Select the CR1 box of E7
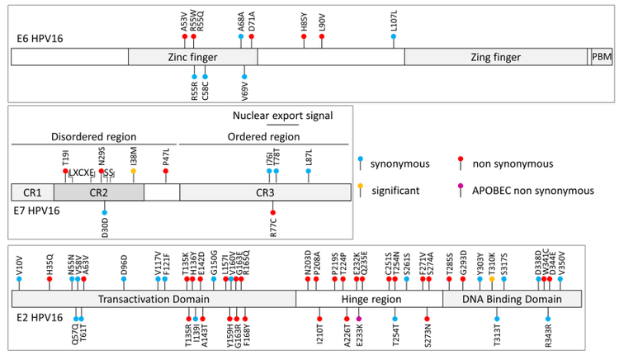click(32, 192)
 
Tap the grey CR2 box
click(98, 192)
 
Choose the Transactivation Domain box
click(154, 299)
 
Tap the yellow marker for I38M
click(134, 171)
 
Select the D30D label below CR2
click(105, 225)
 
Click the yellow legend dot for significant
click(360, 190)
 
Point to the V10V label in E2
click(19, 264)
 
